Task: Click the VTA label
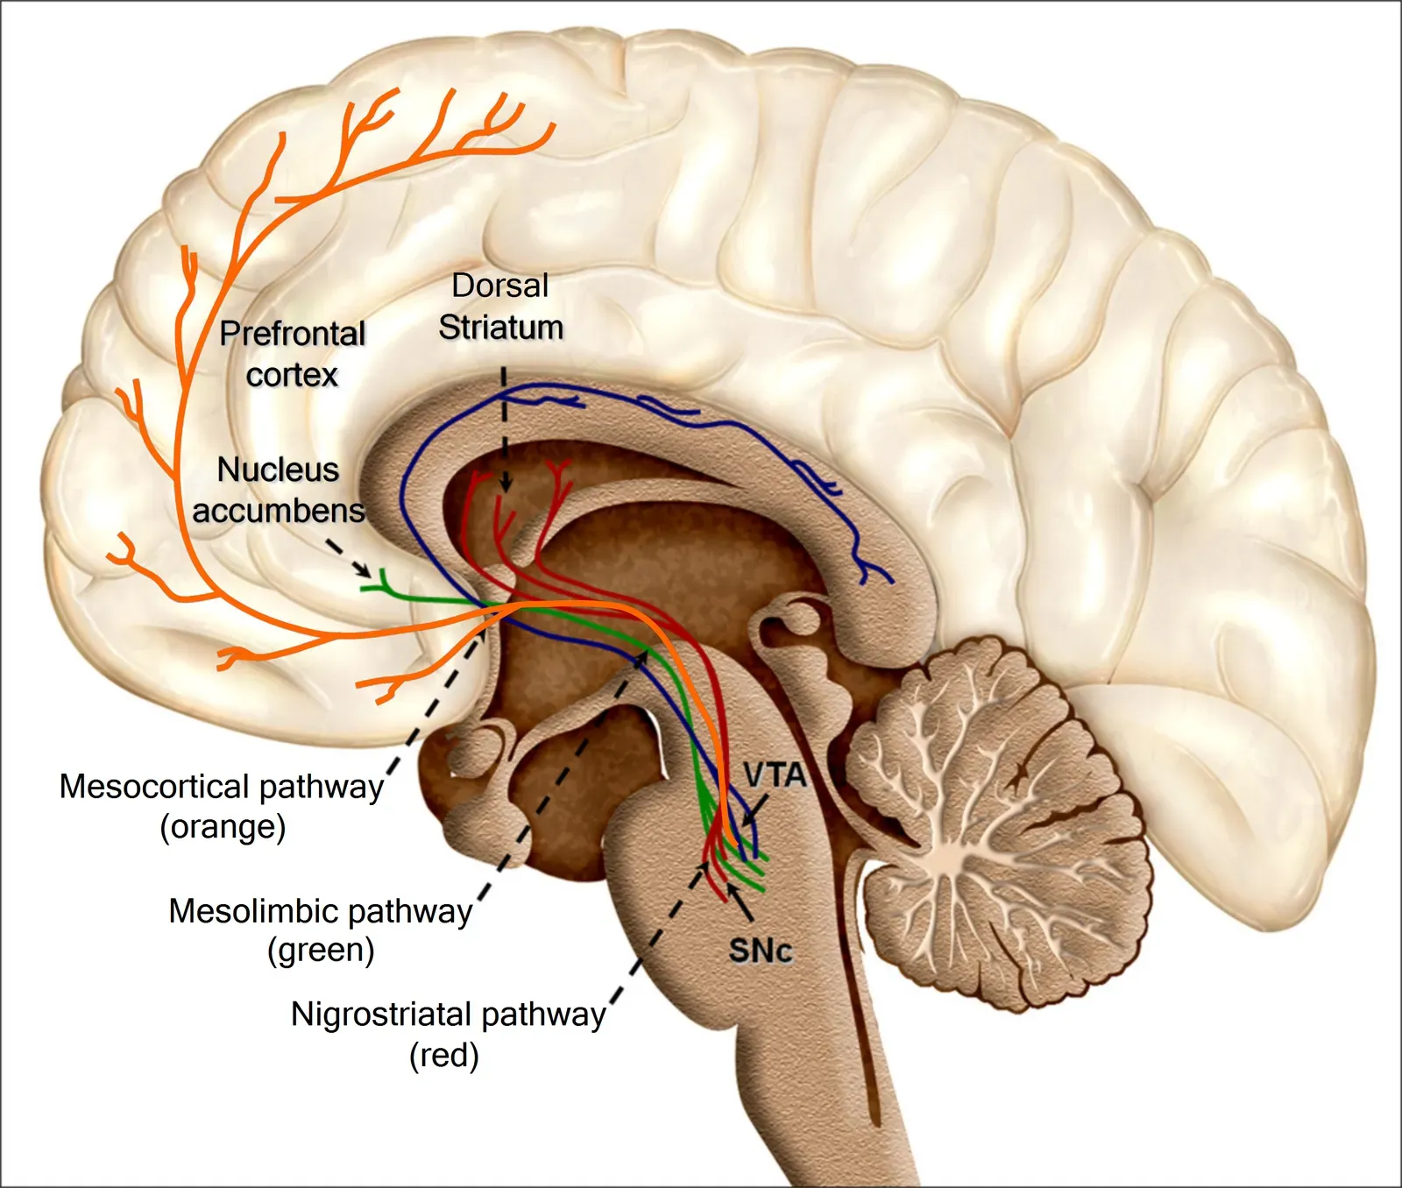click(775, 775)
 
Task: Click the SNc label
click(760, 951)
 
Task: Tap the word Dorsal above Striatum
click(499, 286)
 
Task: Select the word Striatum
click(500, 328)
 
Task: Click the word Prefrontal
click(292, 334)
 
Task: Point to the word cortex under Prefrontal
click(291, 375)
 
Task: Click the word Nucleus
click(278, 470)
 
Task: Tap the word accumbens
click(278, 511)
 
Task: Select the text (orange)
click(223, 827)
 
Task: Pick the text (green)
click(321, 951)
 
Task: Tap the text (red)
click(443, 1056)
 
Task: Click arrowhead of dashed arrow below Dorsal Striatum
click(506, 484)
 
